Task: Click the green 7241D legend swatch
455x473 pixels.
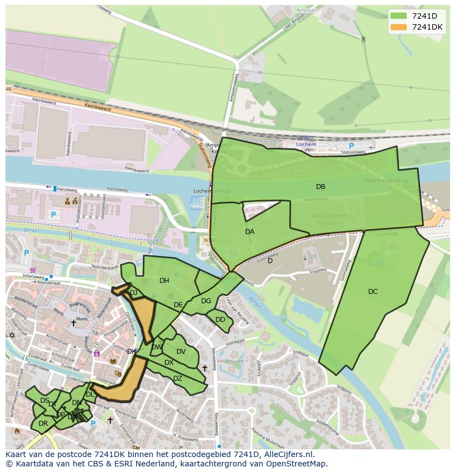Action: click(398, 16)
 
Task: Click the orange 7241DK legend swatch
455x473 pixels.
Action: click(398, 27)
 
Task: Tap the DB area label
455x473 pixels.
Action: click(320, 187)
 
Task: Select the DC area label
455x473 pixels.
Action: click(373, 292)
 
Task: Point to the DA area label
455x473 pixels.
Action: click(249, 232)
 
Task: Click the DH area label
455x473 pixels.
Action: click(164, 281)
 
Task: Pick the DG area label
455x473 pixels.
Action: click(206, 301)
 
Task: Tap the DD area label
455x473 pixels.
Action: click(220, 320)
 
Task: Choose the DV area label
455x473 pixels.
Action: click(181, 352)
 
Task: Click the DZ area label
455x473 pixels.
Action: click(177, 379)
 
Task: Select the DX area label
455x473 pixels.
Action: click(169, 363)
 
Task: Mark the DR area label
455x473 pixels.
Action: click(43, 424)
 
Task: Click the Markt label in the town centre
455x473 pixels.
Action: click(82, 319)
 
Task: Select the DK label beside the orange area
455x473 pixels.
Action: click(131, 352)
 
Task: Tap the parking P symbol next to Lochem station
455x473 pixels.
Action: click(351, 146)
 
